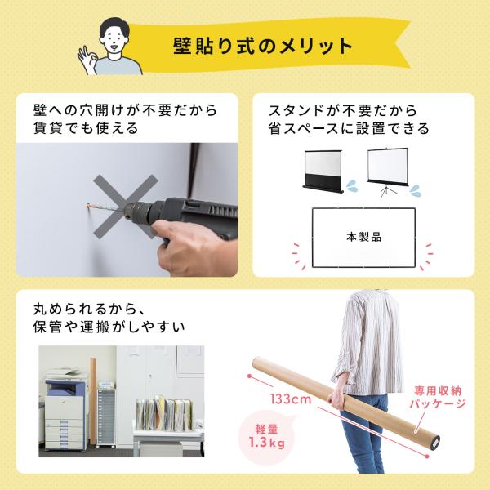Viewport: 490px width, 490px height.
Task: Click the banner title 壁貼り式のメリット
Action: (x=262, y=47)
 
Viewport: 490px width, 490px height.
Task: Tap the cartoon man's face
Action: (x=114, y=40)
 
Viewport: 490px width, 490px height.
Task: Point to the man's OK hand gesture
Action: (x=87, y=60)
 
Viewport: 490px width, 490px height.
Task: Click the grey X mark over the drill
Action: (x=126, y=207)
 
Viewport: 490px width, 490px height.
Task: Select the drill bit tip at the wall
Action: (x=88, y=205)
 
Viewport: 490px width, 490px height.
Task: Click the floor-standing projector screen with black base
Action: (x=323, y=171)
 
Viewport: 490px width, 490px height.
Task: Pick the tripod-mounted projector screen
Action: (x=387, y=171)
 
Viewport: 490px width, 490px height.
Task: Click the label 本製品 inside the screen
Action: (x=364, y=237)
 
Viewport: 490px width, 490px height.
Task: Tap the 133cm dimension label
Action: (x=291, y=399)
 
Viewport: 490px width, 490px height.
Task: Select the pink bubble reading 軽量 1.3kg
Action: (x=266, y=436)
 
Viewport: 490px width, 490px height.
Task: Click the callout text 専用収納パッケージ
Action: (x=438, y=397)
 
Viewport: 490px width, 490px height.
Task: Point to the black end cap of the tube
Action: (x=435, y=443)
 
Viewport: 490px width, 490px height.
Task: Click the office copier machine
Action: (x=65, y=409)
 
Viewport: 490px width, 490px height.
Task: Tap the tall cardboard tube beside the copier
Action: (x=93, y=401)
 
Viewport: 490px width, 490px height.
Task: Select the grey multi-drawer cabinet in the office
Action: (x=106, y=417)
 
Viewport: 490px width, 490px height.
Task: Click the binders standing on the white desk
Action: (x=165, y=413)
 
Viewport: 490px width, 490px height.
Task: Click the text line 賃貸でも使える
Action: (x=85, y=128)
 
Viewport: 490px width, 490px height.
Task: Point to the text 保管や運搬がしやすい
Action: (x=109, y=327)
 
